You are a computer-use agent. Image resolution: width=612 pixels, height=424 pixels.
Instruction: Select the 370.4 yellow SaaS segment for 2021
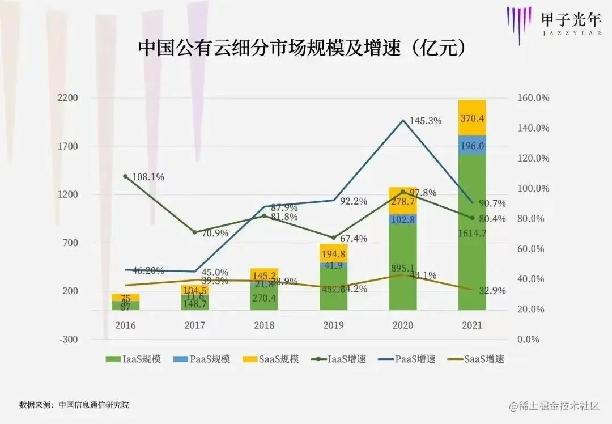pyautogui.click(x=472, y=118)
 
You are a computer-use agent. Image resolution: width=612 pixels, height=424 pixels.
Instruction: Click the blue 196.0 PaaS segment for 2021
pyautogui.click(x=472, y=145)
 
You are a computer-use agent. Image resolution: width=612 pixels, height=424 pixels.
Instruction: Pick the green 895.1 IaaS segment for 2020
pyautogui.click(x=402, y=266)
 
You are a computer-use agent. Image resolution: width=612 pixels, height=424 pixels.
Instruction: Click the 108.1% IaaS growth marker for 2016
pyautogui.click(x=125, y=176)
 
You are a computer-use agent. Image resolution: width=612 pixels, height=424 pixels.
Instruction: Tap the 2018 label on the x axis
pyautogui.click(x=264, y=325)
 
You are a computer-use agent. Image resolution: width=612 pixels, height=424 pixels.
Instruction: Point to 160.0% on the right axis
pyautogui.click(x=533, y=98)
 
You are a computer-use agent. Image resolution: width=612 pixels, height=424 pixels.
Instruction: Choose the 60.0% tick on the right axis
pyautogui.click(x=533, y=249)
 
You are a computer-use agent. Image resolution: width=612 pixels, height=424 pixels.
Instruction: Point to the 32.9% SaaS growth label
pyautogui.click(x=491, y=291)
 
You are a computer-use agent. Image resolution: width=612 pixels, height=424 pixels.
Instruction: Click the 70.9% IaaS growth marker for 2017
pyautogui.click(x=194, y=232)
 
